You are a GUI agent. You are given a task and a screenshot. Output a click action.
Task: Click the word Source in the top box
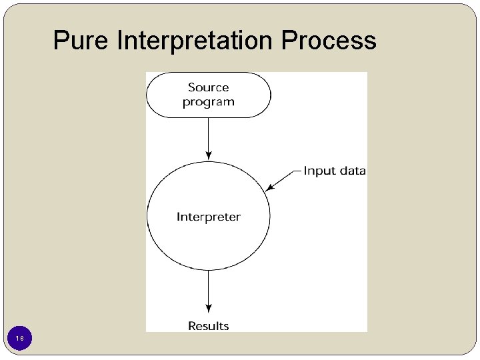pyautogui.click(x=208, y=87)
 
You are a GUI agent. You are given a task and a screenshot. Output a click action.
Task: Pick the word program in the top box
pyautogui.click(x=208, y=103)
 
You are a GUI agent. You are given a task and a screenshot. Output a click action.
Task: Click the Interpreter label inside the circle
pyautogui.click(x=208, y=217)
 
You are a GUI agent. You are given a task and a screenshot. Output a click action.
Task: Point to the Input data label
pyautogui.click(x=335, y=171)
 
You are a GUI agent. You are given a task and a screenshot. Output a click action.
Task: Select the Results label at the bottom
pyautogui.click(x=208, y=326)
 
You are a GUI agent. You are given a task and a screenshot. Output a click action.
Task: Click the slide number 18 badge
pyautogui.click(x=20, y=339)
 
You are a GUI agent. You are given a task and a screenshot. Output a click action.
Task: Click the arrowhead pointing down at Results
pyautogui.click(x=209, y=308)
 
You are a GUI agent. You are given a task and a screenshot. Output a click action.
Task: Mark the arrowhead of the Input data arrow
pyautogui.click(x=269, y=188)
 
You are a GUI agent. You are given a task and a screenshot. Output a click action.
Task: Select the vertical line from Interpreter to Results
pyautogui.click(x=209, y=287)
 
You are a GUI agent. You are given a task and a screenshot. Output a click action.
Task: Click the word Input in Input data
pyautogui.click(x=318, y=171)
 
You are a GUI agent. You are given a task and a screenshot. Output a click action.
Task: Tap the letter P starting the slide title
pyautogui.click(x=61, y=41)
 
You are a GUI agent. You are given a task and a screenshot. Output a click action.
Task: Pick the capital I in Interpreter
pyautogui.click(x=178, y=217)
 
